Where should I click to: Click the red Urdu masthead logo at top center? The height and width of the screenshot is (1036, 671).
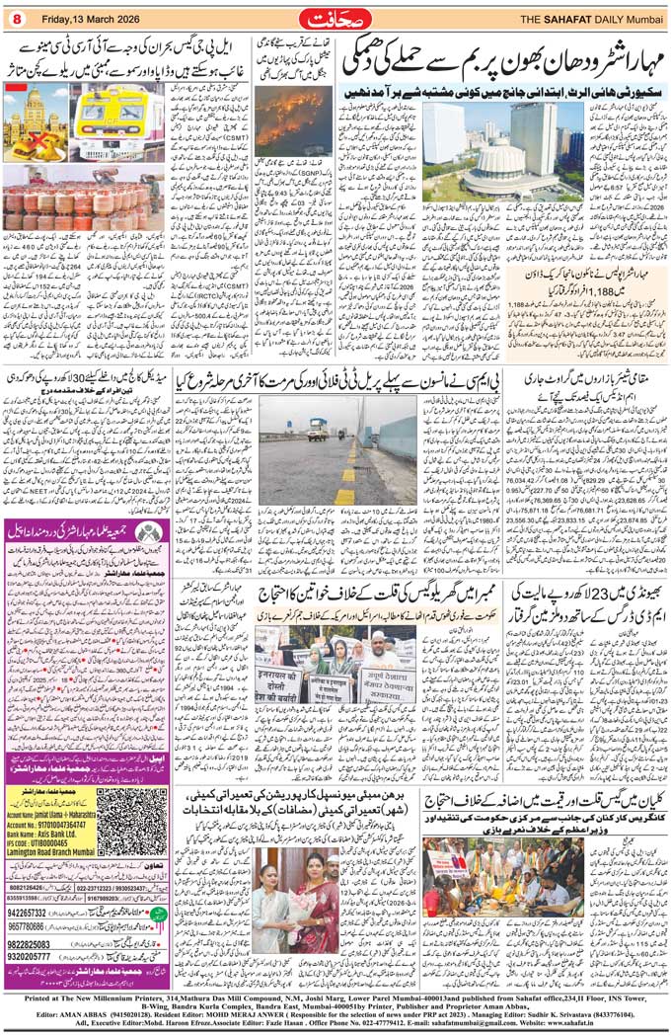pos(335,16)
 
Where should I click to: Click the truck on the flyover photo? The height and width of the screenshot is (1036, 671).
pos(319,429)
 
